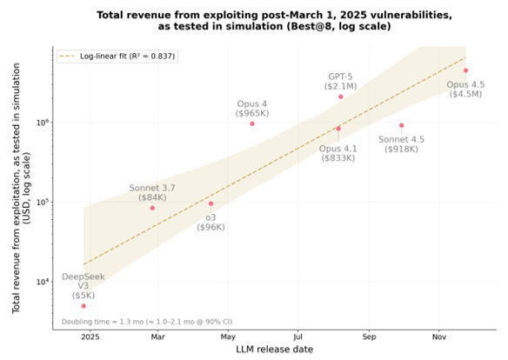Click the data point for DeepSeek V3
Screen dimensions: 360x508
(x=84, y=305)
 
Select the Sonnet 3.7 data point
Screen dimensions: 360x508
(x=152, y=208)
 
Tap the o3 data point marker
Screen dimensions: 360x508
(x=211, y=203)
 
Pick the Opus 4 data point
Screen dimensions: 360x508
(x=252, y=123)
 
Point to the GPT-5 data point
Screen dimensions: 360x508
(x=340, y=97)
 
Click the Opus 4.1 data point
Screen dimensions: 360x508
(x=338, y=129)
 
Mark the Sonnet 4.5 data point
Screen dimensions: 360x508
(x=401, y=125)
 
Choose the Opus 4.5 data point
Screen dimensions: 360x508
(x=465, y=70)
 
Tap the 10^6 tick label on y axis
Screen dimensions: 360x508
(x=40, y=123)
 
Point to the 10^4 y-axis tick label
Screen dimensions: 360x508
(x=40, y=282)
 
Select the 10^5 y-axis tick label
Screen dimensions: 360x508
(x=40, y=203)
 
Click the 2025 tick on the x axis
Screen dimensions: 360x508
(x=89, y=335)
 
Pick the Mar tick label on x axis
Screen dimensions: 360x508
(x=157, y=335)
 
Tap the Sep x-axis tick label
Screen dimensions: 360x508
(x=370, y=335)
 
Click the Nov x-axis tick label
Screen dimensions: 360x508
(x=439, y=335)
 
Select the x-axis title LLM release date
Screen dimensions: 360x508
(x=274, y=349)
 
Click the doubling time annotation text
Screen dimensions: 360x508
(x=146, y=321)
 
